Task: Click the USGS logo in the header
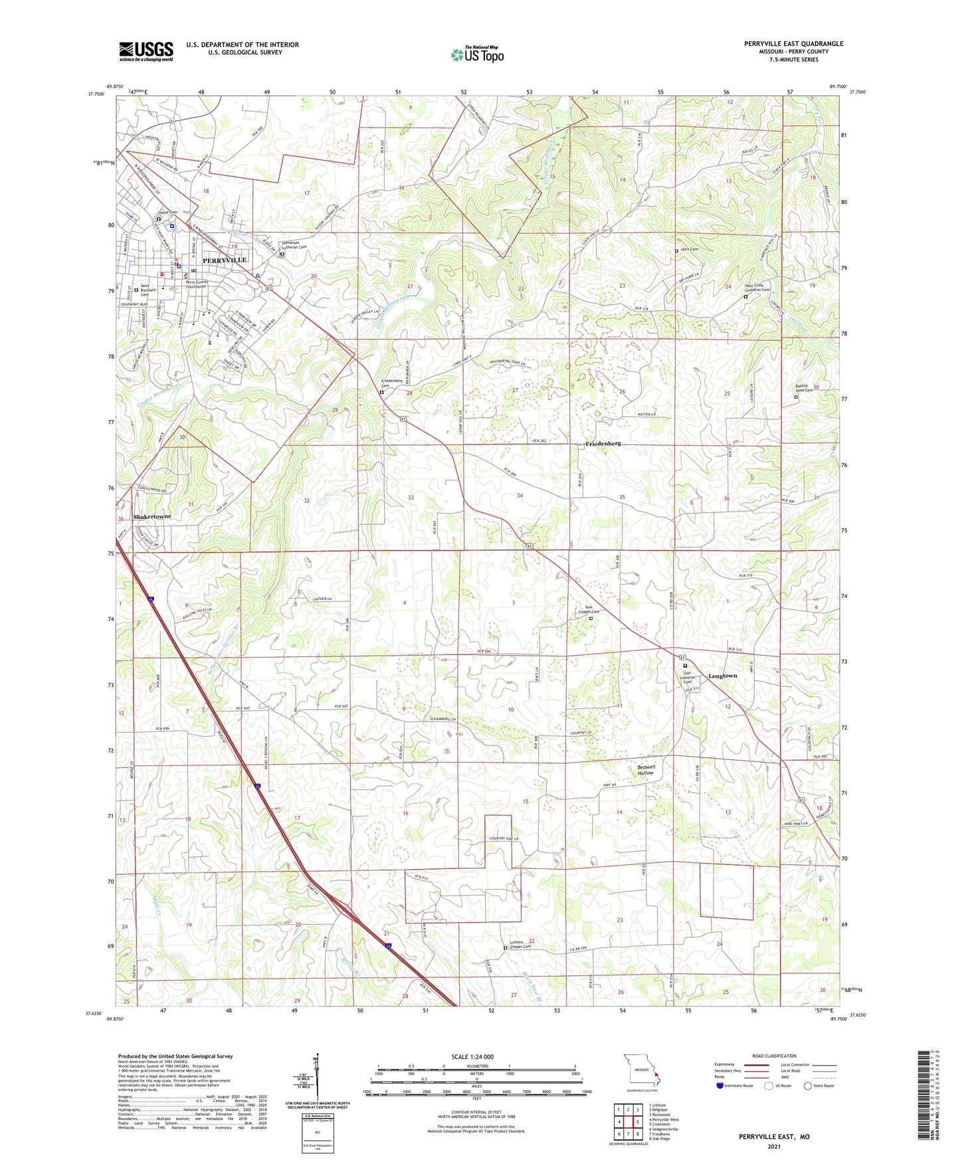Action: (x=146, y=51)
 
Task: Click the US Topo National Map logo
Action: (x=477, y=54)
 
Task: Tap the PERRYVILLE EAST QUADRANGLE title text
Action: (x=793, y=44)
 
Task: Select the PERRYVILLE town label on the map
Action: (x=225, y=260)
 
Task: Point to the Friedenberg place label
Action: (x=603, y=443)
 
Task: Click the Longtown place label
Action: (x=722, y=676)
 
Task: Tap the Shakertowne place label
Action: (x=152, y=516)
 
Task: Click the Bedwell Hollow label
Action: (x=646, y=770)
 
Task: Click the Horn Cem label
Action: (x=689, y=249)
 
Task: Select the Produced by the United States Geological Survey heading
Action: (x=175, y=1056)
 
